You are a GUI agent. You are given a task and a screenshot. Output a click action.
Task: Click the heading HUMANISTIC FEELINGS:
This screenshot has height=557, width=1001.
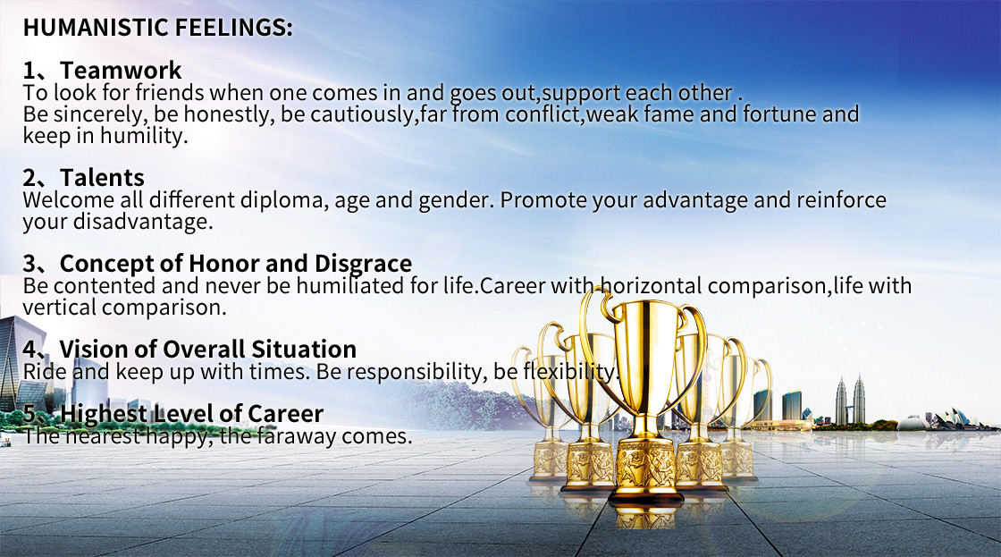tap(157, 28)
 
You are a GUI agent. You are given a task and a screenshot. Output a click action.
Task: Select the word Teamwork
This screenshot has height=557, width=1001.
tap(121, 71)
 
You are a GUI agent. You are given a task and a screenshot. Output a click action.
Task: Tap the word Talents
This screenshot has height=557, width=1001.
tap(102, 178)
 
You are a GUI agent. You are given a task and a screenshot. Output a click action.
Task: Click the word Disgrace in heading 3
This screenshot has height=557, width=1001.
tap(363, 264)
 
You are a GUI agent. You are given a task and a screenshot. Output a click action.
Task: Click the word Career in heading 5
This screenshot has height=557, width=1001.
tap(285, 413)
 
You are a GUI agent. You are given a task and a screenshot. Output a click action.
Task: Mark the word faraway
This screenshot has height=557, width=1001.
tap(296, 436)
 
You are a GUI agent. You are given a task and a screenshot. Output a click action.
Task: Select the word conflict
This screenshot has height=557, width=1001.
tap(542, 114)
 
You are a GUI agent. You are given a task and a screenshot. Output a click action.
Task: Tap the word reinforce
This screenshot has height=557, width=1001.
tap(841, 200)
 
